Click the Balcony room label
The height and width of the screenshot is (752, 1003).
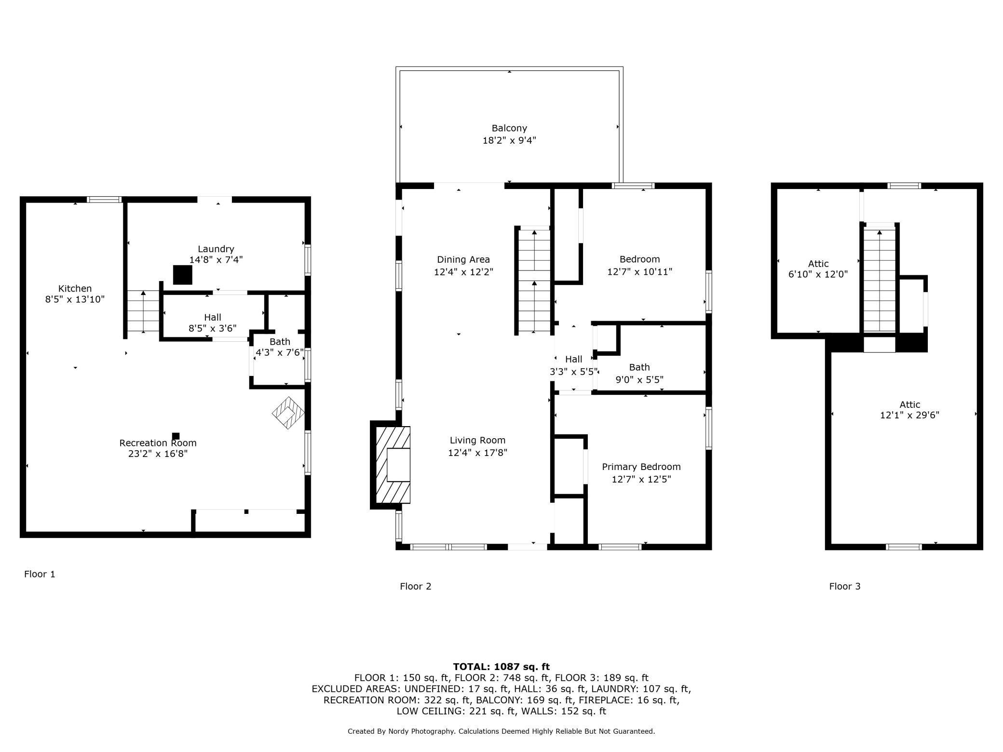(509, 128)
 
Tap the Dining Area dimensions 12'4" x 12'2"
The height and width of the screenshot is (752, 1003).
(463, 272)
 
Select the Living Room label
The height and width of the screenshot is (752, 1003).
(477, 440)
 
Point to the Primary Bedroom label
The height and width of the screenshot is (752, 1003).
(641, 467)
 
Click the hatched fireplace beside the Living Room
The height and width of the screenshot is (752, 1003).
(391, 465)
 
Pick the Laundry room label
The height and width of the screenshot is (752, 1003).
(216, 249)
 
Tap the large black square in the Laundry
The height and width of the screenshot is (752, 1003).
(183, 275)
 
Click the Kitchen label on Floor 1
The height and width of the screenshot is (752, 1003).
(75, 288)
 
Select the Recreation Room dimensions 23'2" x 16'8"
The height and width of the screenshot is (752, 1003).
(158, 454)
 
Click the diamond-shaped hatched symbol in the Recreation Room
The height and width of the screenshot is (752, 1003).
(288, 413)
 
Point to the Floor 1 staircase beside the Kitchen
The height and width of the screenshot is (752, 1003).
(143, 311)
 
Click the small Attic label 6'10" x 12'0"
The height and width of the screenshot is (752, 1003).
(818, 269)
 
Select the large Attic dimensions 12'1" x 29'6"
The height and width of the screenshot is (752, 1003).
(909, 415)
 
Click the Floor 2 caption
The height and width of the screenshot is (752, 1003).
(415, 586)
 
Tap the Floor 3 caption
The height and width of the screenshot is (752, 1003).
(844, 586)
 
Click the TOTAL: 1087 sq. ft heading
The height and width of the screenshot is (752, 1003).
(501, 667)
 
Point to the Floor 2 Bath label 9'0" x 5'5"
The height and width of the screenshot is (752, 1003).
(639, 373)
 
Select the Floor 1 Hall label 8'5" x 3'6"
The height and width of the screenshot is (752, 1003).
(213, 323)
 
